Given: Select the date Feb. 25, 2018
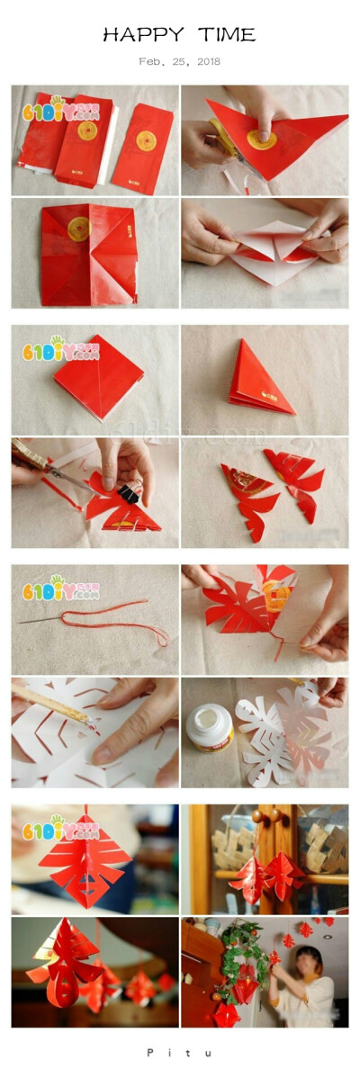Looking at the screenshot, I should point(179,62).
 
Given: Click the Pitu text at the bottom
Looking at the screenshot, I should point(179,1051).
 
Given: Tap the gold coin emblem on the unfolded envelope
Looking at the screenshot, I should point(78,229).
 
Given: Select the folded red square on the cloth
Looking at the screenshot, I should point(97,375).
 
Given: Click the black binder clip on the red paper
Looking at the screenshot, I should point(130,493).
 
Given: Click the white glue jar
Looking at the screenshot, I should point(210,727).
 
